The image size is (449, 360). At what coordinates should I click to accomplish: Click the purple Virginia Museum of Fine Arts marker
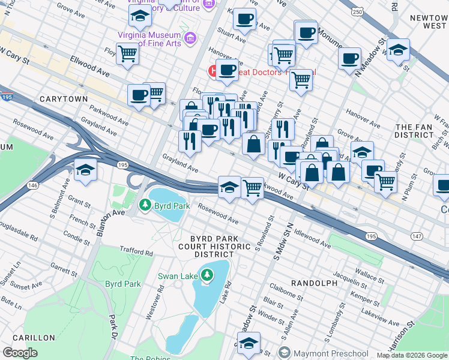point(191,39)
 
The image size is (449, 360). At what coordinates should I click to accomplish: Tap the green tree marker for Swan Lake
point(206,275)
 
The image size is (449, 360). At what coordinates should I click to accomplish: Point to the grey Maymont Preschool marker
point(285,353)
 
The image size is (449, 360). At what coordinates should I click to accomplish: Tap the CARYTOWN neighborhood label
point(64,98)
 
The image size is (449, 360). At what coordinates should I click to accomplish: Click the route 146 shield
point(32,186)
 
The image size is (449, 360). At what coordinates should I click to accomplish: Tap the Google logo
point(20,353)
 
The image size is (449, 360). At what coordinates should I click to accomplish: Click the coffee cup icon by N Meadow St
point(349,59)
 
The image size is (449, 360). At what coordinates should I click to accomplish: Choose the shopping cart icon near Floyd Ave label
point(128,53)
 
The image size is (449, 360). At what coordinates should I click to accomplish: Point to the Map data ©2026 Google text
point(411,355)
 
